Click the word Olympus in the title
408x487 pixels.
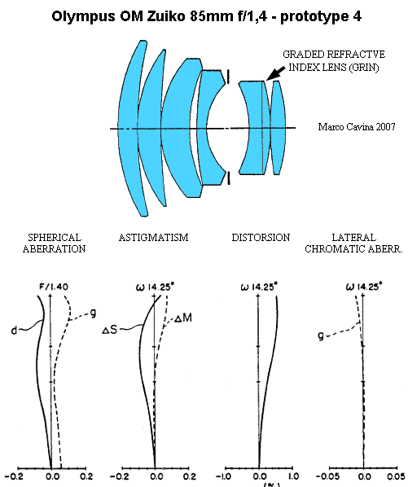pyautogui.click(x=83, y=16)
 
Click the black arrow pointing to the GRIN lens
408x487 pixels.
pyautogui.click(x=276, y=73)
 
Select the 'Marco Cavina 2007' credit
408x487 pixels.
pyautogui.click(x=357, y=127)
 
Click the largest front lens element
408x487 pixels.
pyautogui.click(x=128, y=128)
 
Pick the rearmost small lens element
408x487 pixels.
pyautogui.click(x=279, y=127)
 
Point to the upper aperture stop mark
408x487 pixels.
pyautogui.click(x=229, y=77)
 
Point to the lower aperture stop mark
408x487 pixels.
pyautogui.click(x=229, y=178)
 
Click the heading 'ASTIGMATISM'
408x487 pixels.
pyautogui.click(x=153, y=238)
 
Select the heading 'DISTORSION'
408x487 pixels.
pyautogui.click(x=261, y=238)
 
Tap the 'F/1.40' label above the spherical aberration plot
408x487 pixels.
pyautogui.click(x=54, y=287)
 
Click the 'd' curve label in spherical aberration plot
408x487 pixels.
pyautogui.click(x=14, y=331)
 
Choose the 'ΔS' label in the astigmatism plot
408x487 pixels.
pyautogui.click(x=110, y=330)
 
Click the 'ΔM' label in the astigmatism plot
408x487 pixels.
pyautogui.click(x=183, y=318)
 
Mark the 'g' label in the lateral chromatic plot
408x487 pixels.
pyautogui.click(x=321, y=336)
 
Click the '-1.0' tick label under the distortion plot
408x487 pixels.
pyautogui.click(x=223, y=476)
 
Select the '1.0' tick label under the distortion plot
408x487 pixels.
pyautogui.click(x=294, y=476)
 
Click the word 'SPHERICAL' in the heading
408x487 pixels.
pyautogui.click(x=55, y=238)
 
